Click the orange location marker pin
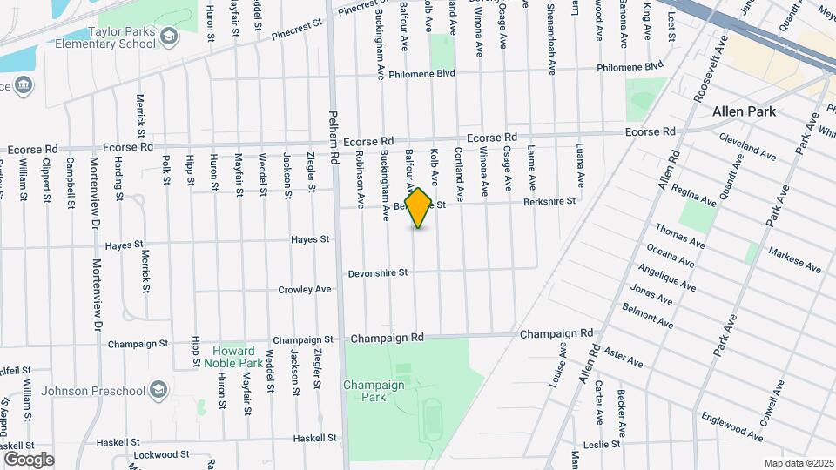(x=419, y=207)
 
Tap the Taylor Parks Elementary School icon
(x=168, y=36)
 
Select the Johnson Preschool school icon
(x=158, y=388)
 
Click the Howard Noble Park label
(x=237, y=357)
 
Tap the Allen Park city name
(x=743, y=111)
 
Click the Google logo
(x=29, y=459)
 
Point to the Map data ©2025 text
(x=798, y=463)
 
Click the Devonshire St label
(x=378, y=272)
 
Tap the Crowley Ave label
(x=305, y=289)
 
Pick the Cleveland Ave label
(x=747, y=146)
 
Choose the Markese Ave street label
(x=794, y=259)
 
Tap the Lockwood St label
(x=162, y=454)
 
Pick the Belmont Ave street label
(x=647, y=315)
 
